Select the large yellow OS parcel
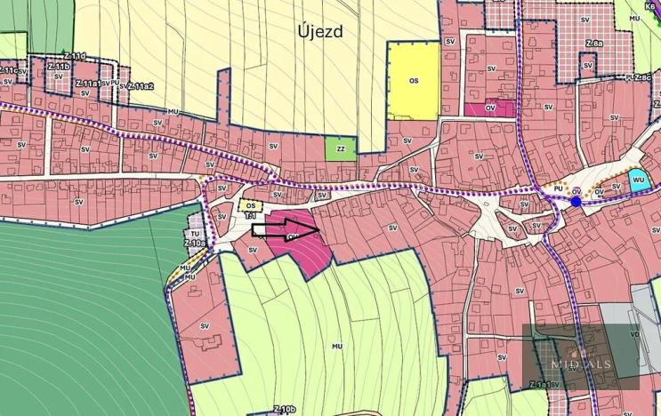coord(414,81)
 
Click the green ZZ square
coord(340,149)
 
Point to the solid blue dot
coord(576,202)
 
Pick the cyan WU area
coord(638,180)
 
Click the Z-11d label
coord(77,56)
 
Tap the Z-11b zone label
coord(59,66)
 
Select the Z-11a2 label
coord(141,86)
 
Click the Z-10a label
coord(195,243)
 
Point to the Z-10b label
coord(284,409)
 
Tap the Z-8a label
coord(594,43)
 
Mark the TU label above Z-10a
coord(196,234)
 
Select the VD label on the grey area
coord(634,335)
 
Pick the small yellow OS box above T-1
coord(251,206)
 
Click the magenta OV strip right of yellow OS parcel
coord(489,108)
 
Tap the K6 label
coord(650,4)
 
